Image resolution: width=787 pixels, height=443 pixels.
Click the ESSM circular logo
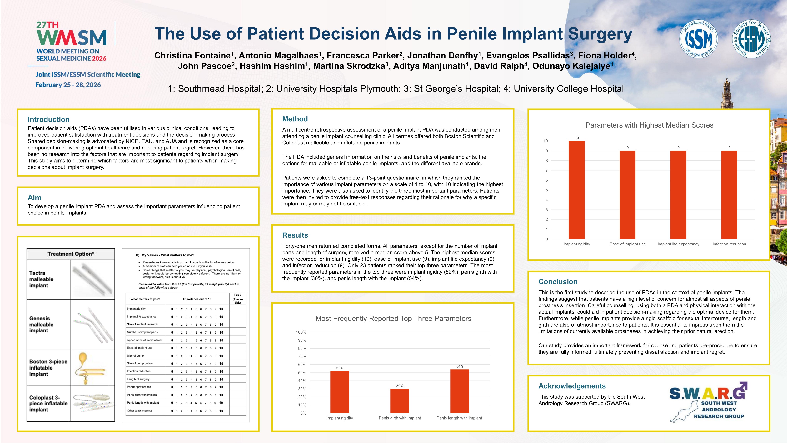751,39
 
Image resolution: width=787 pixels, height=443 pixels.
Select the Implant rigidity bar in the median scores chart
576,189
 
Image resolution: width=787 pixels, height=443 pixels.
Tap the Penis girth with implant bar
400,400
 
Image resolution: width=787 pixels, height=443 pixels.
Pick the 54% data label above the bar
460,366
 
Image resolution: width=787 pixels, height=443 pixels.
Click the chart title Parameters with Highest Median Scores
649,125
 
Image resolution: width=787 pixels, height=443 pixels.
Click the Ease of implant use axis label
628,244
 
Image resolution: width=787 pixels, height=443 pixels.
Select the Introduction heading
49,119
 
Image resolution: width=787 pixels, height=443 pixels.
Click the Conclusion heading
558,282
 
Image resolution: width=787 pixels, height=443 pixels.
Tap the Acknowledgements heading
572,386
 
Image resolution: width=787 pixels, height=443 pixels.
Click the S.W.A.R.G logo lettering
707,393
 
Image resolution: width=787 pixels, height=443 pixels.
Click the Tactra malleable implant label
41,279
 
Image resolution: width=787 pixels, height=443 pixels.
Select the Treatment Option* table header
71,254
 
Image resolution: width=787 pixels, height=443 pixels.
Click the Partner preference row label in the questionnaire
139,387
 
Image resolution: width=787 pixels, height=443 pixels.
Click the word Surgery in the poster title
600,34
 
